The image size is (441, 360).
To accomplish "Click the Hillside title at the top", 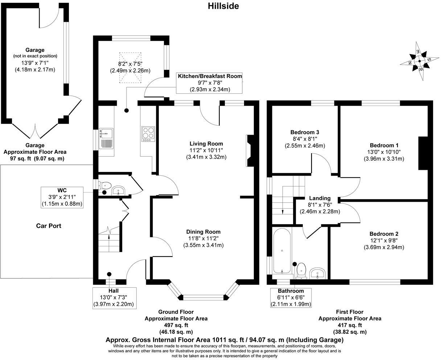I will [x=223, y=6].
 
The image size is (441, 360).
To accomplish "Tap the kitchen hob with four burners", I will [x=148, y=134].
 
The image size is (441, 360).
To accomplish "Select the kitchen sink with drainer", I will [x=106, y=139].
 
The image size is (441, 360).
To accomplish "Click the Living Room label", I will [x=206, y=144].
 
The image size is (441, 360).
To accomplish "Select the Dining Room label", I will [x=203, y=232].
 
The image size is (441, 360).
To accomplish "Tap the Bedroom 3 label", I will [x=305, y=132].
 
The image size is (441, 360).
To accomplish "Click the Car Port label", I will [x=49, y=226].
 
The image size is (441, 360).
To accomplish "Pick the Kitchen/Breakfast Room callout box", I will [x=210, y=82].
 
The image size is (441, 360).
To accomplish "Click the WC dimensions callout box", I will [x=62, y=197].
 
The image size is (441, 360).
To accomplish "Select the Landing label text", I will [x=320, y=198].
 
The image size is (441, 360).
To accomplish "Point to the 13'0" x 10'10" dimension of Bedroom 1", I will [x=384, y=152].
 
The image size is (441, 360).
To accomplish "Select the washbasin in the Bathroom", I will [x=318, y=273].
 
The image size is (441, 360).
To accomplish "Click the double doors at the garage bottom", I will [x=35, y=130].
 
